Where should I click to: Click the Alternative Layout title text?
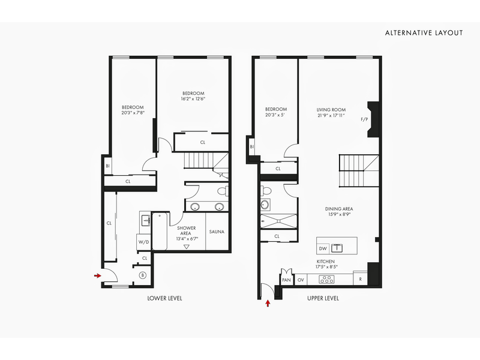coord(424,33)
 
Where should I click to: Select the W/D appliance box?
coord(143,242)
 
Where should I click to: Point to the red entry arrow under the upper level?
coord(268,304)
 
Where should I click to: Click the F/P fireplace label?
coord(364,119)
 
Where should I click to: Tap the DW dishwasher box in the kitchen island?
coord(323,248)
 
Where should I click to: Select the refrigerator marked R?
coord(360,279)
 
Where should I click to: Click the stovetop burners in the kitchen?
coord(328,279)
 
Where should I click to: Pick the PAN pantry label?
coord(286,279)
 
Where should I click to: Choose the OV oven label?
coord(301,279)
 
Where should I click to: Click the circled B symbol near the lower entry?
coord(143,275)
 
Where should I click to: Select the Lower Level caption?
coord(164,298)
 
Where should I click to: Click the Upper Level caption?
coord(323,298)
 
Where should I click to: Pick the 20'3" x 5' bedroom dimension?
coord(275,115)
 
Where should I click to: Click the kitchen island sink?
coord(338,247)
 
